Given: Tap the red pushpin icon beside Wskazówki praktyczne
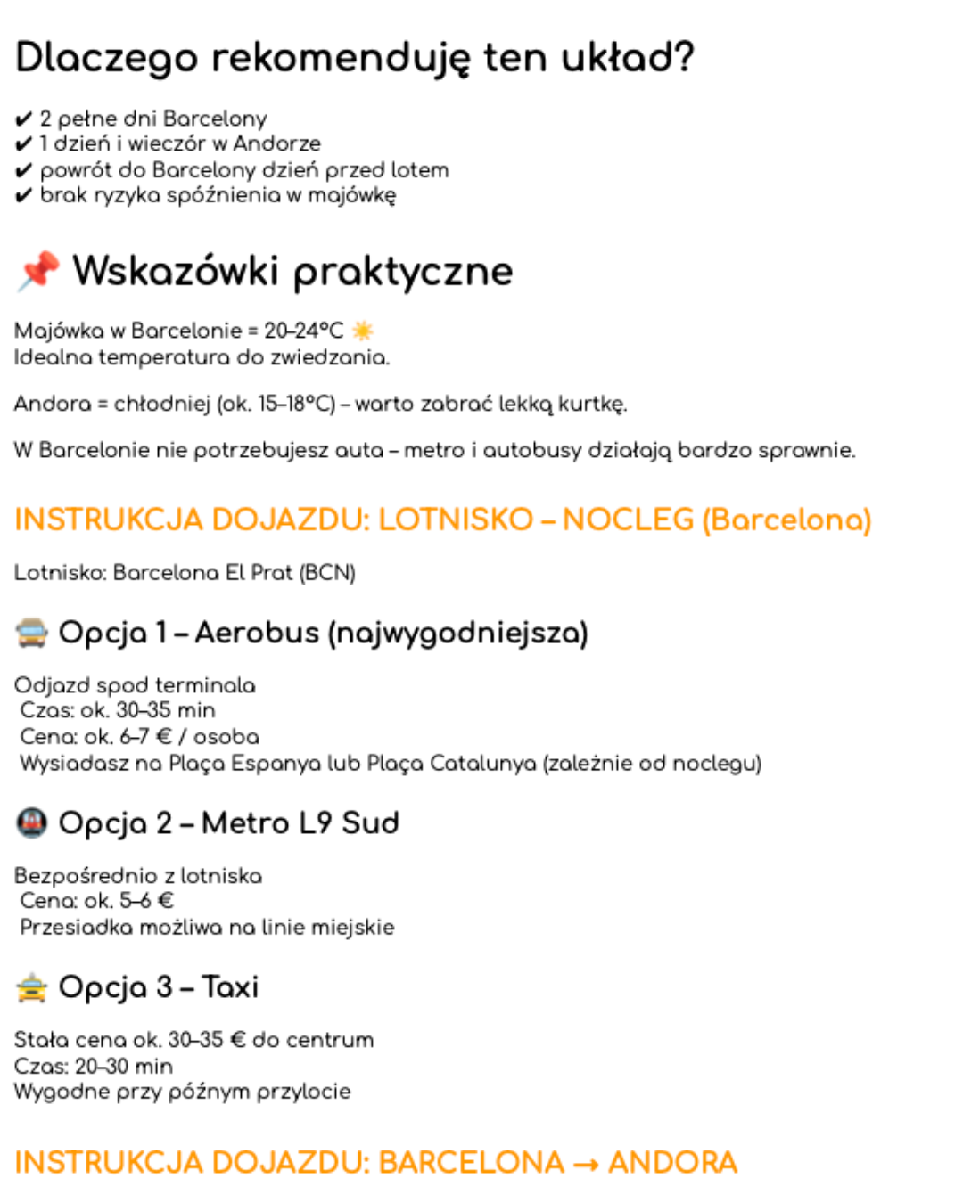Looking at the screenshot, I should coord(38,270).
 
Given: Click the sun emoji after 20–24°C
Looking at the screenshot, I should coord(363,331).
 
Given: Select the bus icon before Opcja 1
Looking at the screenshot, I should coord(32,633).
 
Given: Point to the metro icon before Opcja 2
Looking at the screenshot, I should coord(32,822).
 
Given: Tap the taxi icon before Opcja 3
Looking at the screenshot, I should coord(32,987).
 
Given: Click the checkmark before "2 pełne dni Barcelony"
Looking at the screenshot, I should coord(24,119).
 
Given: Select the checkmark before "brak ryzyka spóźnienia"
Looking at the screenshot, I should coord(24,196).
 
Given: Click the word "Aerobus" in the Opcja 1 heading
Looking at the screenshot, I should coord(257,633).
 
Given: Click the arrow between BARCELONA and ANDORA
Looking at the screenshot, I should coord(586,1164).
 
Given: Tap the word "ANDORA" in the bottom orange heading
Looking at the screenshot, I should coord(672,1163).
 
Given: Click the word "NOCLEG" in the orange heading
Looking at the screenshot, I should coord(628,520).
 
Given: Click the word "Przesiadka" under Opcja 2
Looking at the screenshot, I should coord(76,928).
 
